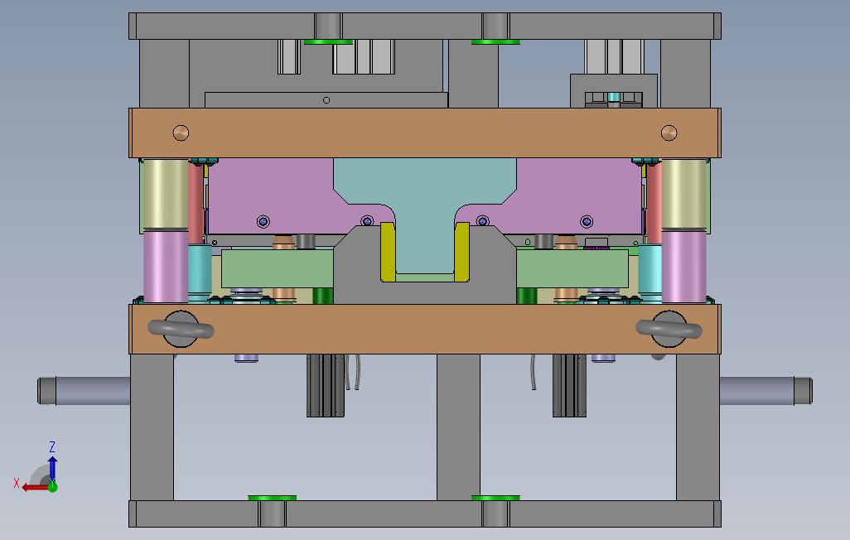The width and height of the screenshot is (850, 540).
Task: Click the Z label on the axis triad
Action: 52,446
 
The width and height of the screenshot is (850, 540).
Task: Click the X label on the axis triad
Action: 17,483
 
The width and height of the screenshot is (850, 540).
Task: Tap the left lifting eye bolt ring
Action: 181,329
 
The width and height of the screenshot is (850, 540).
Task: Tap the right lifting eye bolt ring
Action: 669,329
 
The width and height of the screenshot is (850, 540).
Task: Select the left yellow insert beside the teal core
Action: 388,252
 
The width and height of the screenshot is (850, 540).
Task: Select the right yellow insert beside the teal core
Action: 461,252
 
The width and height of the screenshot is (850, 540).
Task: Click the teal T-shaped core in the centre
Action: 425,206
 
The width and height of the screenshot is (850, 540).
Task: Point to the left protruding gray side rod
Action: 84,390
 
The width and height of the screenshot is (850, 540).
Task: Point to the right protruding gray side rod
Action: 765,390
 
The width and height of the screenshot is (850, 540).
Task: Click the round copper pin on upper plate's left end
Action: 181,133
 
